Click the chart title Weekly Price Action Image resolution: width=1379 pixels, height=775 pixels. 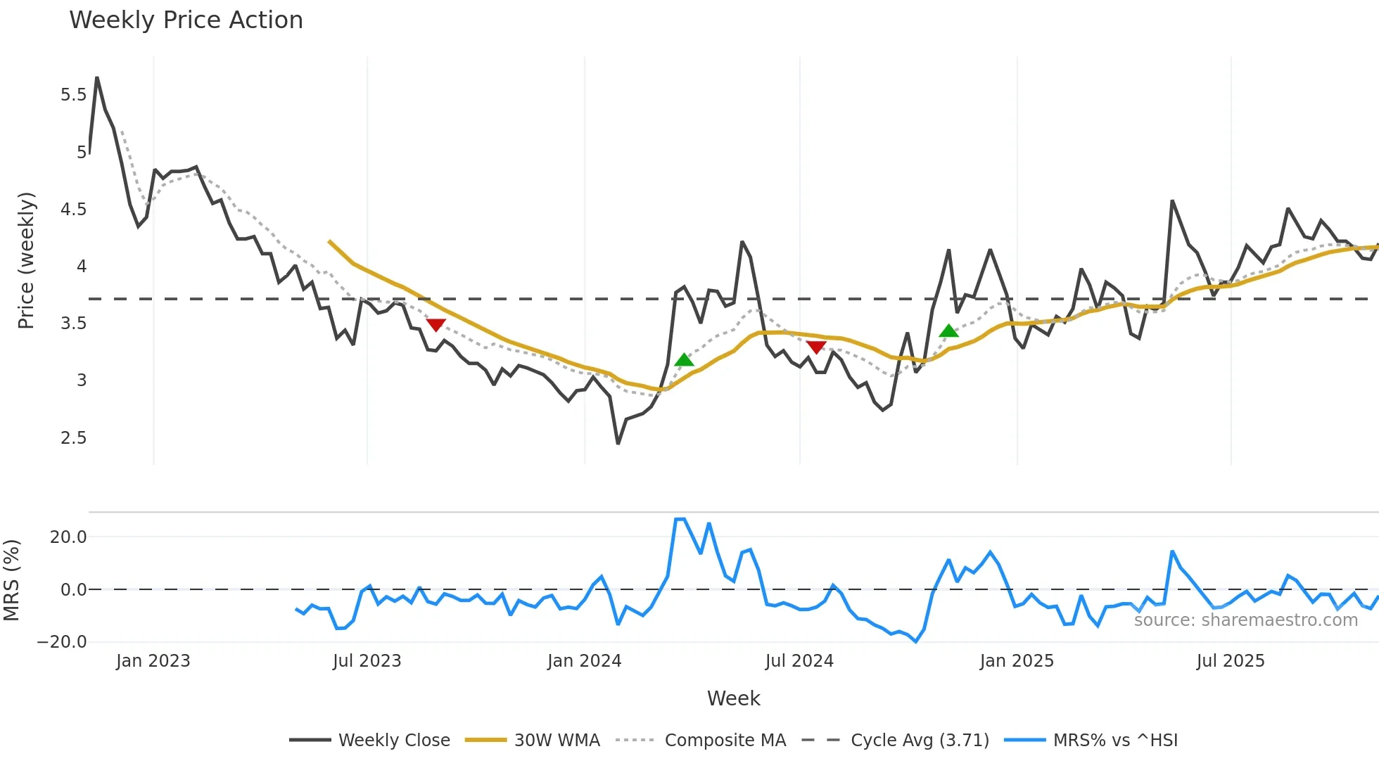[186, 20]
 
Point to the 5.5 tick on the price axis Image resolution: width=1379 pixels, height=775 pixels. [73, 95]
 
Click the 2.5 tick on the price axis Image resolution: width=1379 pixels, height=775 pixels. [73, 438]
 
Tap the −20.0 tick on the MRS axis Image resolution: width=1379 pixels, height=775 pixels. [62, 642]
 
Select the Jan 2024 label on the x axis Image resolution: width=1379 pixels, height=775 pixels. [584, 661]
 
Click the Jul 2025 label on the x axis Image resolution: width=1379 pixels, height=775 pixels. [1230, 661]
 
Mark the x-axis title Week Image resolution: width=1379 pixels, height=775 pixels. [733, 698]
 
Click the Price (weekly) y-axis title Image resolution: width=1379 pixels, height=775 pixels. [26, 260]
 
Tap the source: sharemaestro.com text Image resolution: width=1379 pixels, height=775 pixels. [1245, 620]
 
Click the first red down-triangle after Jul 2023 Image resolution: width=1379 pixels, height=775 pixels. [436, 325]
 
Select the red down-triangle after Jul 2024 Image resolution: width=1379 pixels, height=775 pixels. [816, 347]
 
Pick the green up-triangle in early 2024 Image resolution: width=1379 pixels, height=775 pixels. [684, 360]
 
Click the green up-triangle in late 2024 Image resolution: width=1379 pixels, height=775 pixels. [948, 331]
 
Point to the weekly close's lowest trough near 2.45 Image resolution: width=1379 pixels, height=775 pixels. [618, 443]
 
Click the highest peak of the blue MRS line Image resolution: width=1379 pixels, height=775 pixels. [680, 519]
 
